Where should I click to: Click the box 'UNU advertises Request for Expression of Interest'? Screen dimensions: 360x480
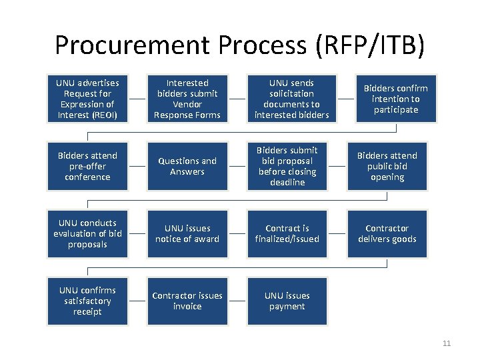(x=87, y=99)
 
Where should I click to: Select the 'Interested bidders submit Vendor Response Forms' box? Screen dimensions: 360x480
(x=187, y=99)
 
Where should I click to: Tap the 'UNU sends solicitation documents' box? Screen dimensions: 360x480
(x=287, y=99)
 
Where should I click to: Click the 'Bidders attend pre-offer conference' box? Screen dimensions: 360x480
(x=87, y=166)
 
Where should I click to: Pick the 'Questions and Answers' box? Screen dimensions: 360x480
(x=187, y=166)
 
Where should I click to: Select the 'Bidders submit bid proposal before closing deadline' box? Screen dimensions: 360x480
(x=287, y=166)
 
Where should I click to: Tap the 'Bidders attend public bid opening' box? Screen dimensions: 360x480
(x=387, y=166)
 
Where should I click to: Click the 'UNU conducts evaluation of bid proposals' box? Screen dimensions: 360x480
(x=87, y=233)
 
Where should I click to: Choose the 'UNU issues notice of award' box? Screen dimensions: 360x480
(x=187, y=233)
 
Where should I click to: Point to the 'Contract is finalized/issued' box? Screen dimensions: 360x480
(x=287, y=233)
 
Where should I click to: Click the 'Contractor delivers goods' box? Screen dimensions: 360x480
(x=387, y=233)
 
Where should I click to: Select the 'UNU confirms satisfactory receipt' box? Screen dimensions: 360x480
(x=87, y=301)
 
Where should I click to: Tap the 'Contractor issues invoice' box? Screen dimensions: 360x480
(x=187, y=301)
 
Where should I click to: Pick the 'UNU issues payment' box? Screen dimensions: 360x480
(x=287, y=301)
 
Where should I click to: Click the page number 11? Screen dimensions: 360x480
(x=447, y=344)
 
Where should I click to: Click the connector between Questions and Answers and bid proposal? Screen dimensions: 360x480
(x=237, y=166)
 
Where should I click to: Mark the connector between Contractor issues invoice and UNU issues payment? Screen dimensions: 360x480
(x=237, y=301)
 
